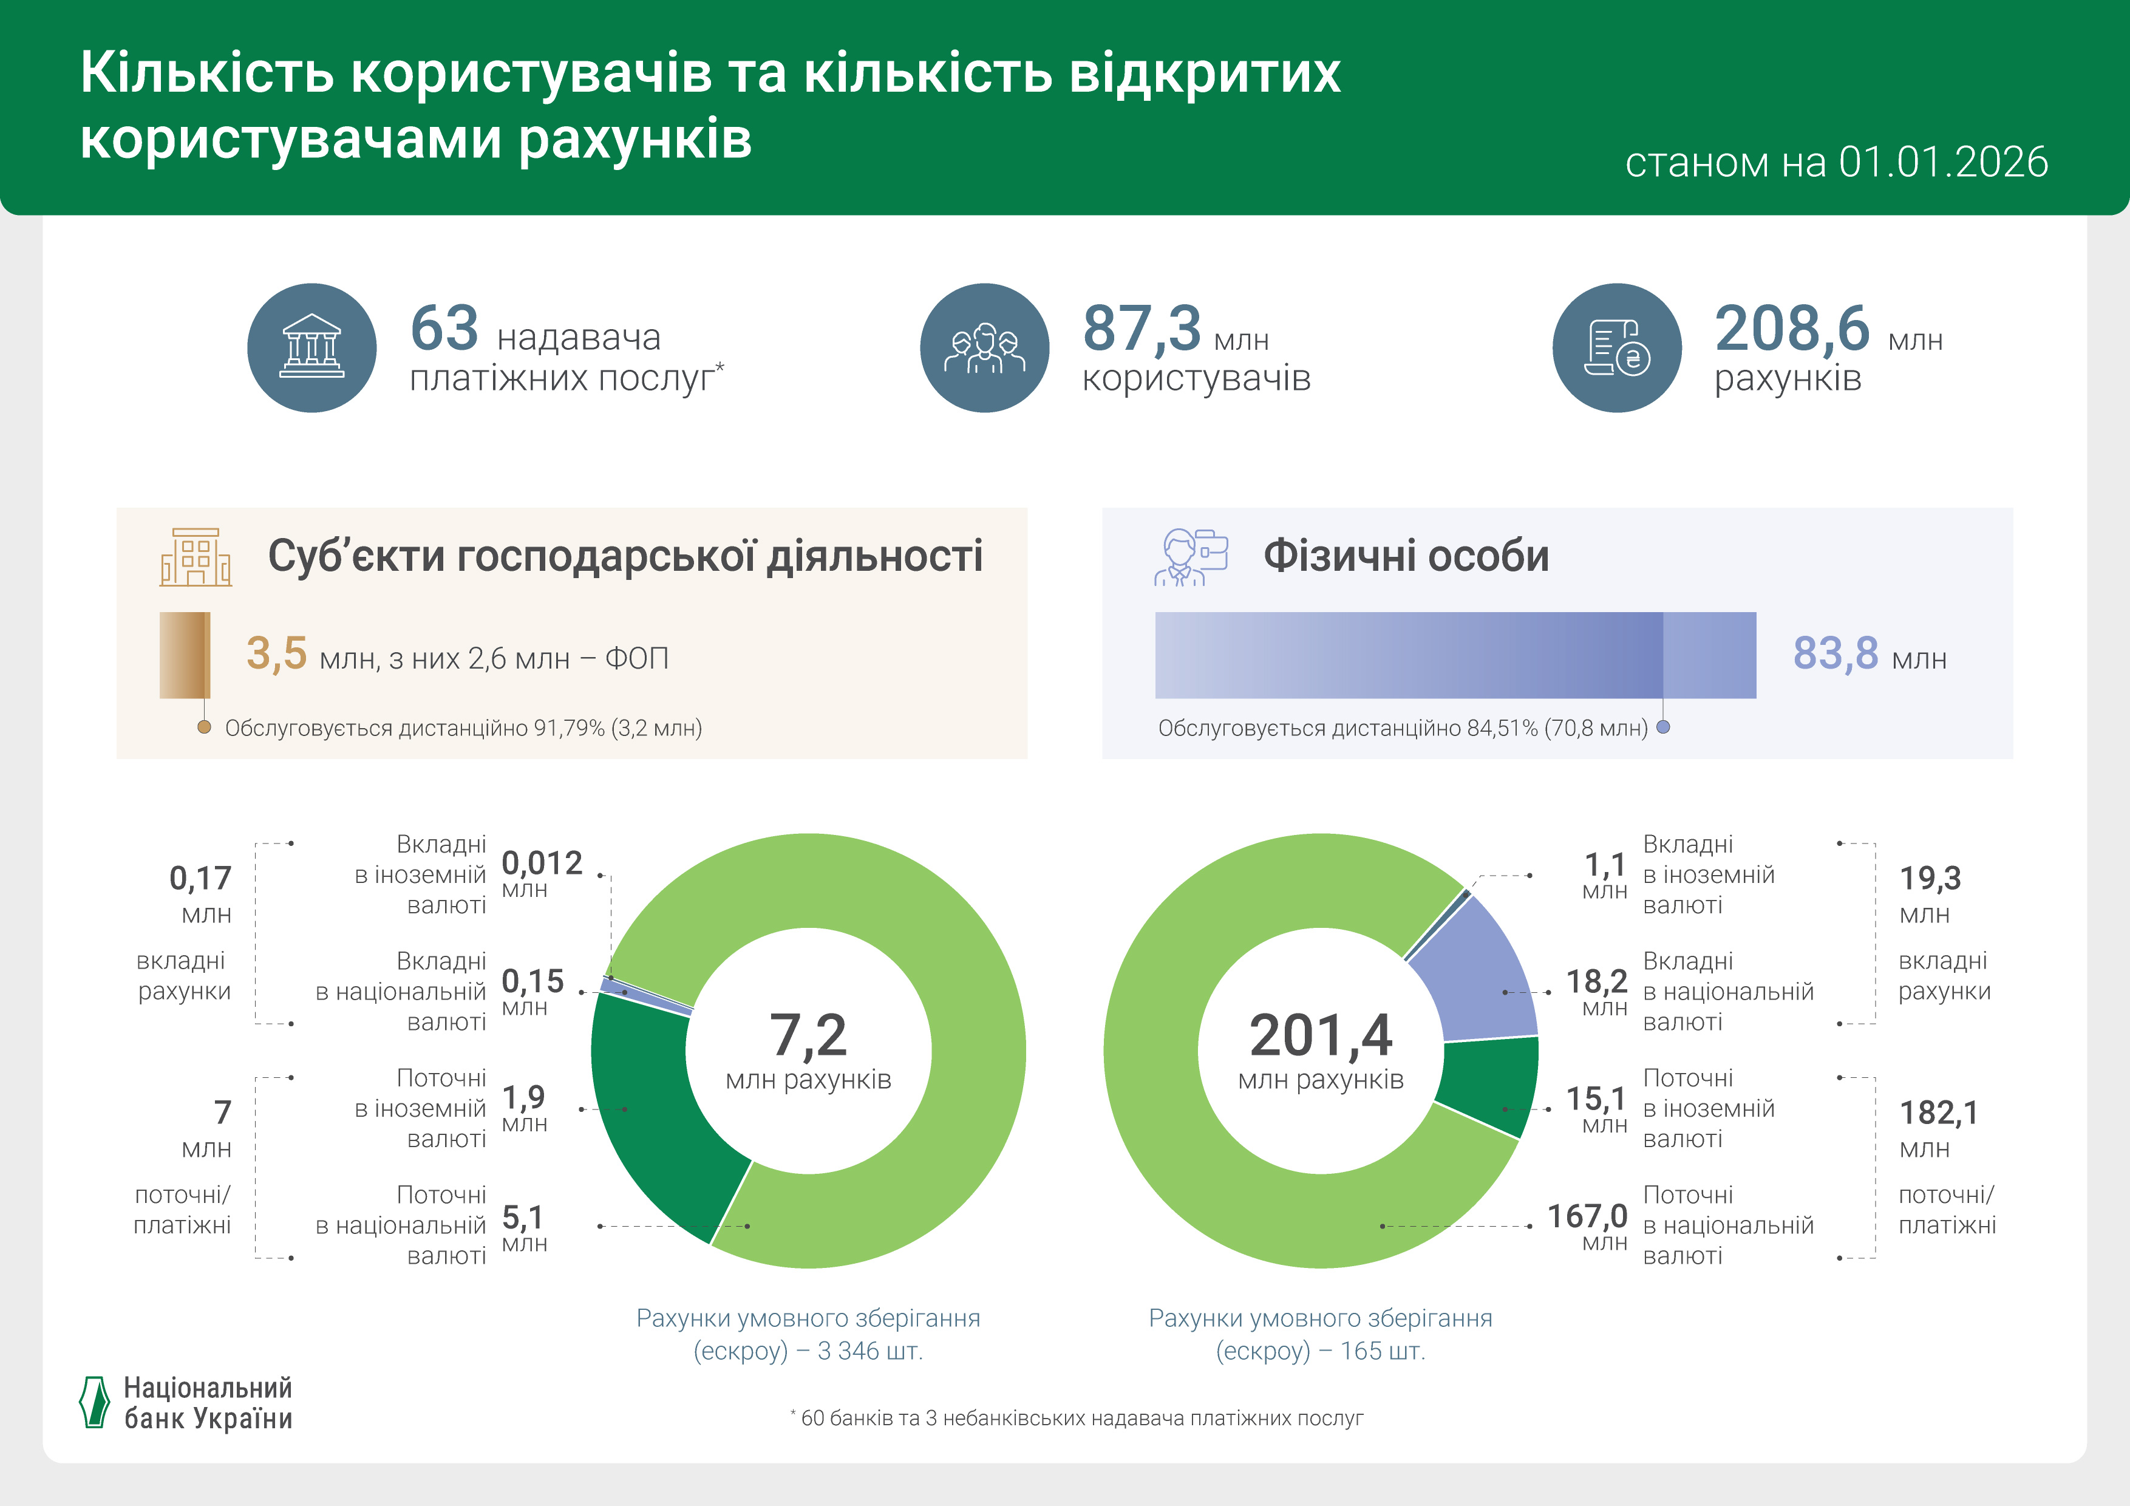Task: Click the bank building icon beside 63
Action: (x=311, y=348)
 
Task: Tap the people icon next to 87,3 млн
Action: (x=984, y=348)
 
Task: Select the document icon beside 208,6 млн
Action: (x=1616, y=348)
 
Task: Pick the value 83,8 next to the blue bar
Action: (x=1835, y=653)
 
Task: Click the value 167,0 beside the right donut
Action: (x=1587, y=1216)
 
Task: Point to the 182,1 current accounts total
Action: (x=1938, y=1112)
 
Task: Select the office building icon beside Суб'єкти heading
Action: (x=196, y=557)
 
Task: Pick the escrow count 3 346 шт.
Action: (x=869, y=1351)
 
